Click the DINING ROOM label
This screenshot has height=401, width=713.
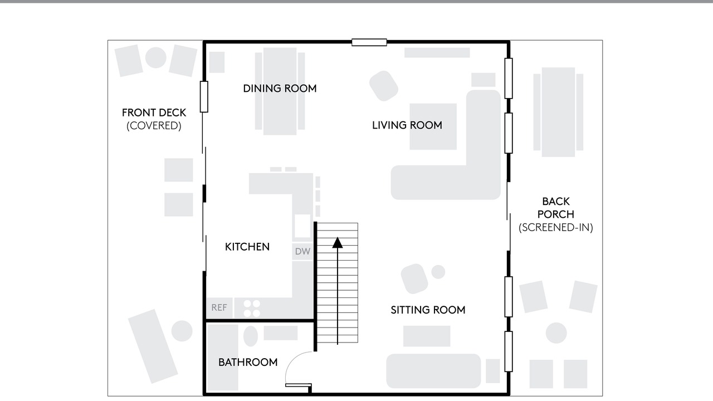tap(280, 89)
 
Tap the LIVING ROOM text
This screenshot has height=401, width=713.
tap(407, 125)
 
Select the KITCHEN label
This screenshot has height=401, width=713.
tap(247, 247)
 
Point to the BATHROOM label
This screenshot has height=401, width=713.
tap(248, 362)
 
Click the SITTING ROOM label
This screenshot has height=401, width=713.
tap(428, 310)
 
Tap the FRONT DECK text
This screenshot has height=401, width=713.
tap(154, 113)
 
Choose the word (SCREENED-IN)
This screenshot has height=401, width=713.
tap(556, 228)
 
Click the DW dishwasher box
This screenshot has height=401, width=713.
tap(302, 251)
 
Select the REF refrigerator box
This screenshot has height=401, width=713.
tap(219, 307)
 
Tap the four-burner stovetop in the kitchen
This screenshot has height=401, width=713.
tap(252, 309)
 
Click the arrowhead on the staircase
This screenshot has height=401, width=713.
tap(338, 242)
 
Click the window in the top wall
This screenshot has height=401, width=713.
tap(369, 42)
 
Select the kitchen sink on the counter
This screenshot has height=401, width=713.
tap(302, 226)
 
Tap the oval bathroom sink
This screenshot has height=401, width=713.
tap(251, 336)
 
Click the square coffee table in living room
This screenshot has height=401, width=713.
tap(433, 126)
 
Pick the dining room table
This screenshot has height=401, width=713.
tap(280, 91)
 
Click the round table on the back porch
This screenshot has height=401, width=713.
tap(556, 333)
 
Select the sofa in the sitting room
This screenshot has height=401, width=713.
tap(433, 371)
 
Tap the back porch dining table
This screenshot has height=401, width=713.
tap(558, 112)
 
